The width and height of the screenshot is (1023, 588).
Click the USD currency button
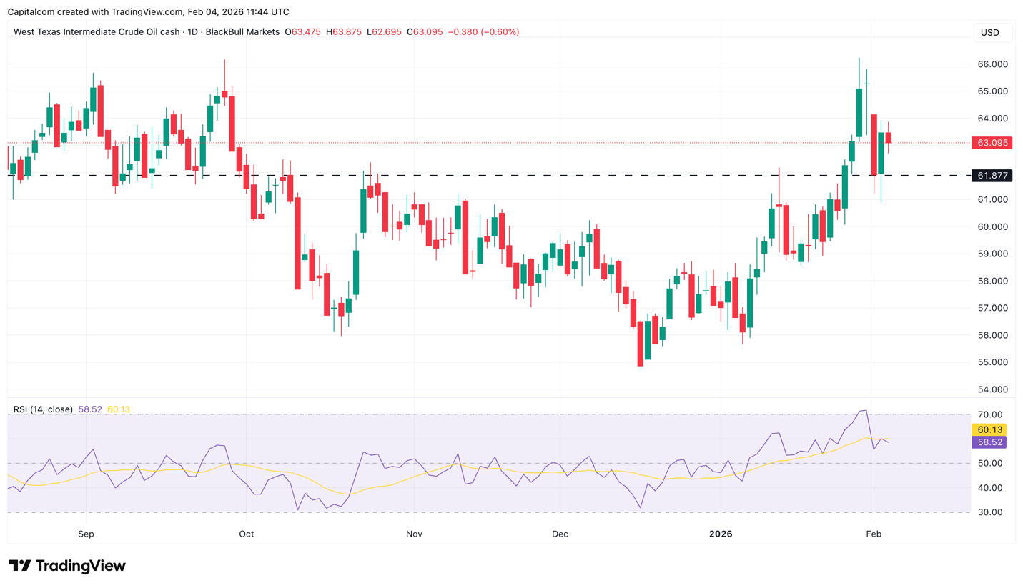pyautogui.click(x=990, y=32)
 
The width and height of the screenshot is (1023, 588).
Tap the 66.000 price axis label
pyautogui.click(x=992, y=64)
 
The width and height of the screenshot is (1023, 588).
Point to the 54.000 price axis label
pyautogui.click(x=992, y=389)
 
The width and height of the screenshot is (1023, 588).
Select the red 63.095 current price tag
pyautogui.click(x=992, y=143)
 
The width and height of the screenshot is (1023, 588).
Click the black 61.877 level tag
pyautogui.click(x=992, y=176)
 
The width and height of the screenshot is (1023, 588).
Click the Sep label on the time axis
pyautogui.click(x=86, y=534)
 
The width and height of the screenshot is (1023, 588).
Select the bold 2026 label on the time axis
pyautogui.click(x=721, y=534)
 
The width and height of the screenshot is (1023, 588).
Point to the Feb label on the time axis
pyautogui.click(x=873, y=534)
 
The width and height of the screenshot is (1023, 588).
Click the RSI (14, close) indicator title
pyautogui.click(x=43, y=409)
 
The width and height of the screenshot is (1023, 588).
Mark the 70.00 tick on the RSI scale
pyautogui.click(x=989, y=414)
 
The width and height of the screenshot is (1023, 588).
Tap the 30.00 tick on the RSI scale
pyautogui.click(x=989, y=512)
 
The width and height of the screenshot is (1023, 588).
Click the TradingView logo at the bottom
pyautogui.click(x=67, y=566)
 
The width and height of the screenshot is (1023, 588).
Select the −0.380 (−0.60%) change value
pyautogui.click(x=483, y=32)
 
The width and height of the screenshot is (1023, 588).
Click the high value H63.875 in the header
pyautogui.click(x=343, y=32)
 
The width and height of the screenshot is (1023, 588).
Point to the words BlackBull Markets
pyautogui.click(x=242, y=32)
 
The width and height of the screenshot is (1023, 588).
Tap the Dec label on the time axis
pyautogui.click(x=560, y=534)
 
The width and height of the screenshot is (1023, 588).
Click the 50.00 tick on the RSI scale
pyautogui.click(x=989, y=463)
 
